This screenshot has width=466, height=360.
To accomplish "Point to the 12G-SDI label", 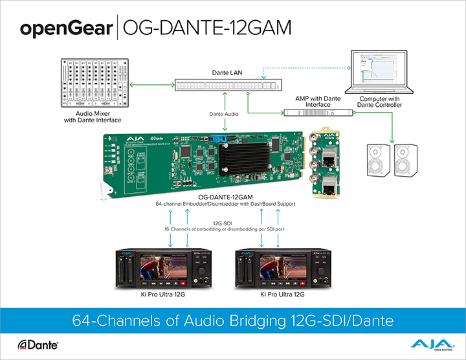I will point(225,223).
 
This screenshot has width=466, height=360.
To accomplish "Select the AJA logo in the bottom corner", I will point(428,344).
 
